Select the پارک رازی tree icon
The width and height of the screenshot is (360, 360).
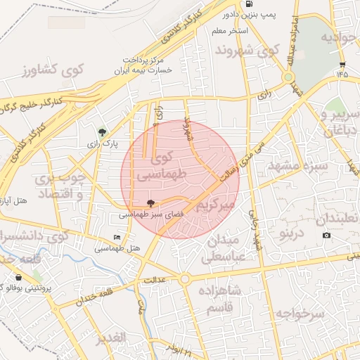(103, 131)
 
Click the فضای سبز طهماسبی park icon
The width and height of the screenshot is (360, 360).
(150, 202)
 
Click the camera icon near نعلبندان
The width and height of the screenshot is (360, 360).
(326, 234)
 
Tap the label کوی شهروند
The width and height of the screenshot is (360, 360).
(247, 50)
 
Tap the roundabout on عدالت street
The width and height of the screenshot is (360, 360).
(184, 279)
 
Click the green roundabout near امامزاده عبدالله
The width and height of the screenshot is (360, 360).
(288, 77)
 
